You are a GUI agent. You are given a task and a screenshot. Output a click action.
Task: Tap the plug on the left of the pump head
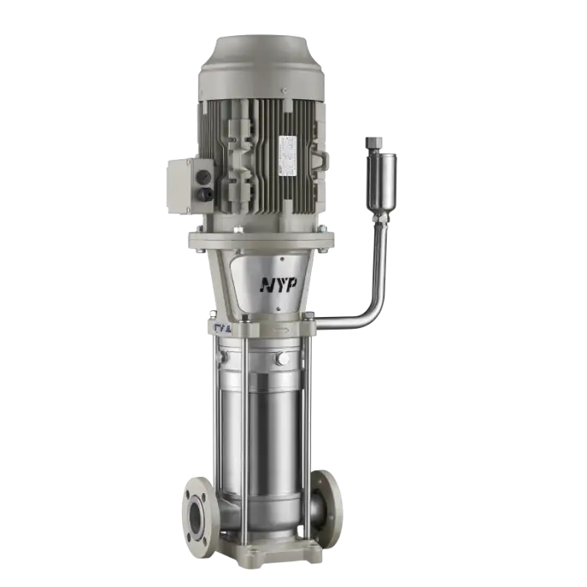221,358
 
